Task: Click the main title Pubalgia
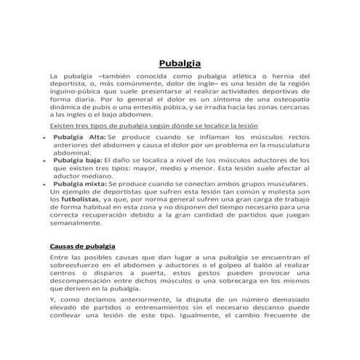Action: click(x=180, y=63)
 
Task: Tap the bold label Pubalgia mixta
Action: click(x=81, y=184)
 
